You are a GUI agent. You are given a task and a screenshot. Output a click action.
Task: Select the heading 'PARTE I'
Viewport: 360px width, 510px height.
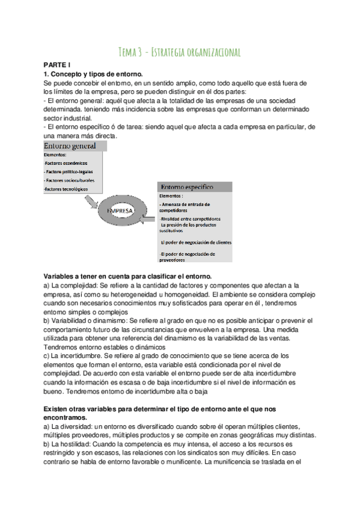tap(58, 64)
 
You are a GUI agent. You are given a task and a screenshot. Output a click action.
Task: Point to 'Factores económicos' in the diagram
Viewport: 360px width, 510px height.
tap(66, 163)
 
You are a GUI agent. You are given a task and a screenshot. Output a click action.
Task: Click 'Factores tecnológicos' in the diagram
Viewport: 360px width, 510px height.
tap(66, 189)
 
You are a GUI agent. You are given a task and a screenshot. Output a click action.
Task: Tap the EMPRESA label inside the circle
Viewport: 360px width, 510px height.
tap(120, 212)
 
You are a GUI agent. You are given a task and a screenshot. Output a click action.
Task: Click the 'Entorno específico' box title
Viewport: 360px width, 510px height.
tap(188, 188)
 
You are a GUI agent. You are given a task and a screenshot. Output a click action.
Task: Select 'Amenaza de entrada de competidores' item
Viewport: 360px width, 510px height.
tap(189, 207)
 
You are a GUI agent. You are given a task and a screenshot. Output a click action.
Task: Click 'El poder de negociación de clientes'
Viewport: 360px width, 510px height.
tap(195, 242)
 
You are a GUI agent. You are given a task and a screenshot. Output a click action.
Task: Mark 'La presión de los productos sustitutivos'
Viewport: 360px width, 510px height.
tap(190, 227)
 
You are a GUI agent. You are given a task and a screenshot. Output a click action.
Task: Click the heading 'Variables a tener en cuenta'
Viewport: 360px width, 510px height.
tap(127, 275)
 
